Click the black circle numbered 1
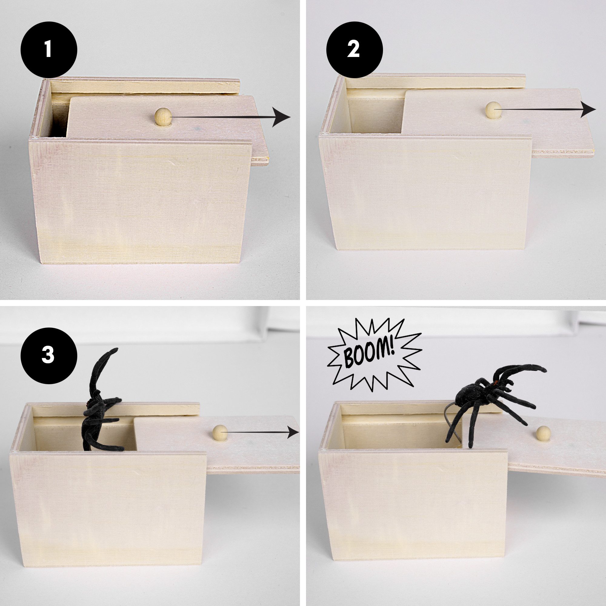coord(48,50)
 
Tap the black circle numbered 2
coord(355,50)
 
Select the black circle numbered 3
coord(48,356)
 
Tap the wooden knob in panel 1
coord(163,116)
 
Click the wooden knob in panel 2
coord(493,110)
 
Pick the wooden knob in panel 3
coord(220,433)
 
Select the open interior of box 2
coord(375,116)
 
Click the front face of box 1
coord(141,201)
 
